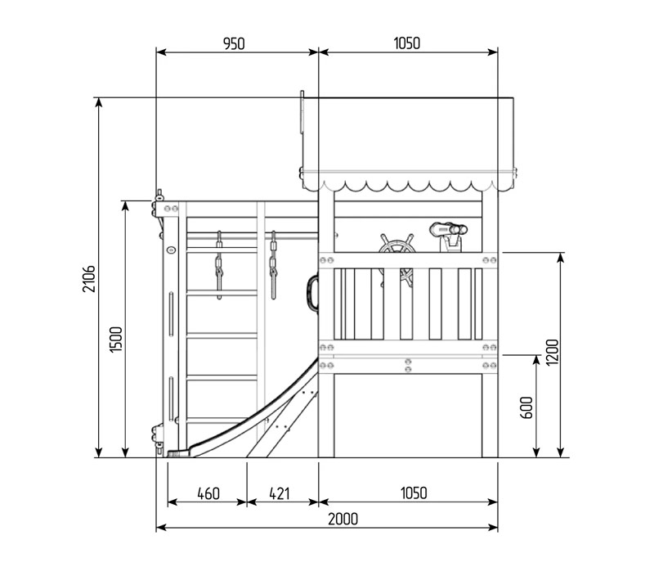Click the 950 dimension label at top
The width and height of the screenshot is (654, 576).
point(234,43)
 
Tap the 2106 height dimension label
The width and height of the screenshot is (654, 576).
point(89,278)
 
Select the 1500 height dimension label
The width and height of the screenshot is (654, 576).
point(116,340)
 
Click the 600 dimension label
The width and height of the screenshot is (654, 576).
point(526,407)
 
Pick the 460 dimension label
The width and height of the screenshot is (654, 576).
point(208,493)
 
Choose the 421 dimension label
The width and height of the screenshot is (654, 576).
point(279,493)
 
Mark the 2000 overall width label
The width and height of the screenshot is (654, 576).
point(343,519)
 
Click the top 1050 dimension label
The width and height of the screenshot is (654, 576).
point(406,43)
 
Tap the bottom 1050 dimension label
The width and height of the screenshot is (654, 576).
point(414,493)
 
